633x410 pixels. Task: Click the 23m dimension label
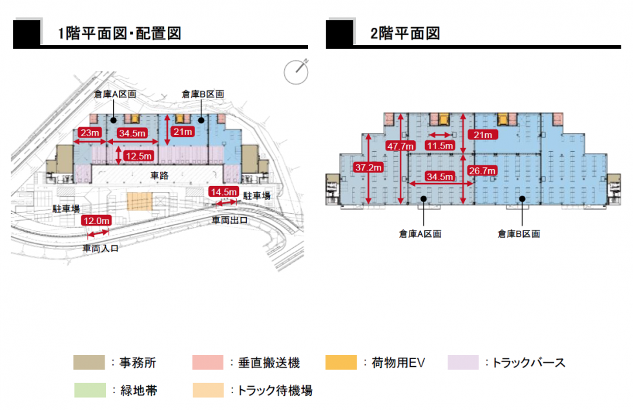coord(88,133)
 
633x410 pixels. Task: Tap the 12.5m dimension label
coord(138,156)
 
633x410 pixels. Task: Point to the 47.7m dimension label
coord(400,146)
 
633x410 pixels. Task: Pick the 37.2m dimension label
coord(369,167)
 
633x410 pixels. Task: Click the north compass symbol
coord(296,70)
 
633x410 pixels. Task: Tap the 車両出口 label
coord(229,220)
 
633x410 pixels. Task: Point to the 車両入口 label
coord(100,247)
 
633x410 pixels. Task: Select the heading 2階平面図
coord(405,34)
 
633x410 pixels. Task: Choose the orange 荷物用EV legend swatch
coord(341,363)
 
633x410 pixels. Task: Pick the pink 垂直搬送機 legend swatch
coord(207,363)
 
